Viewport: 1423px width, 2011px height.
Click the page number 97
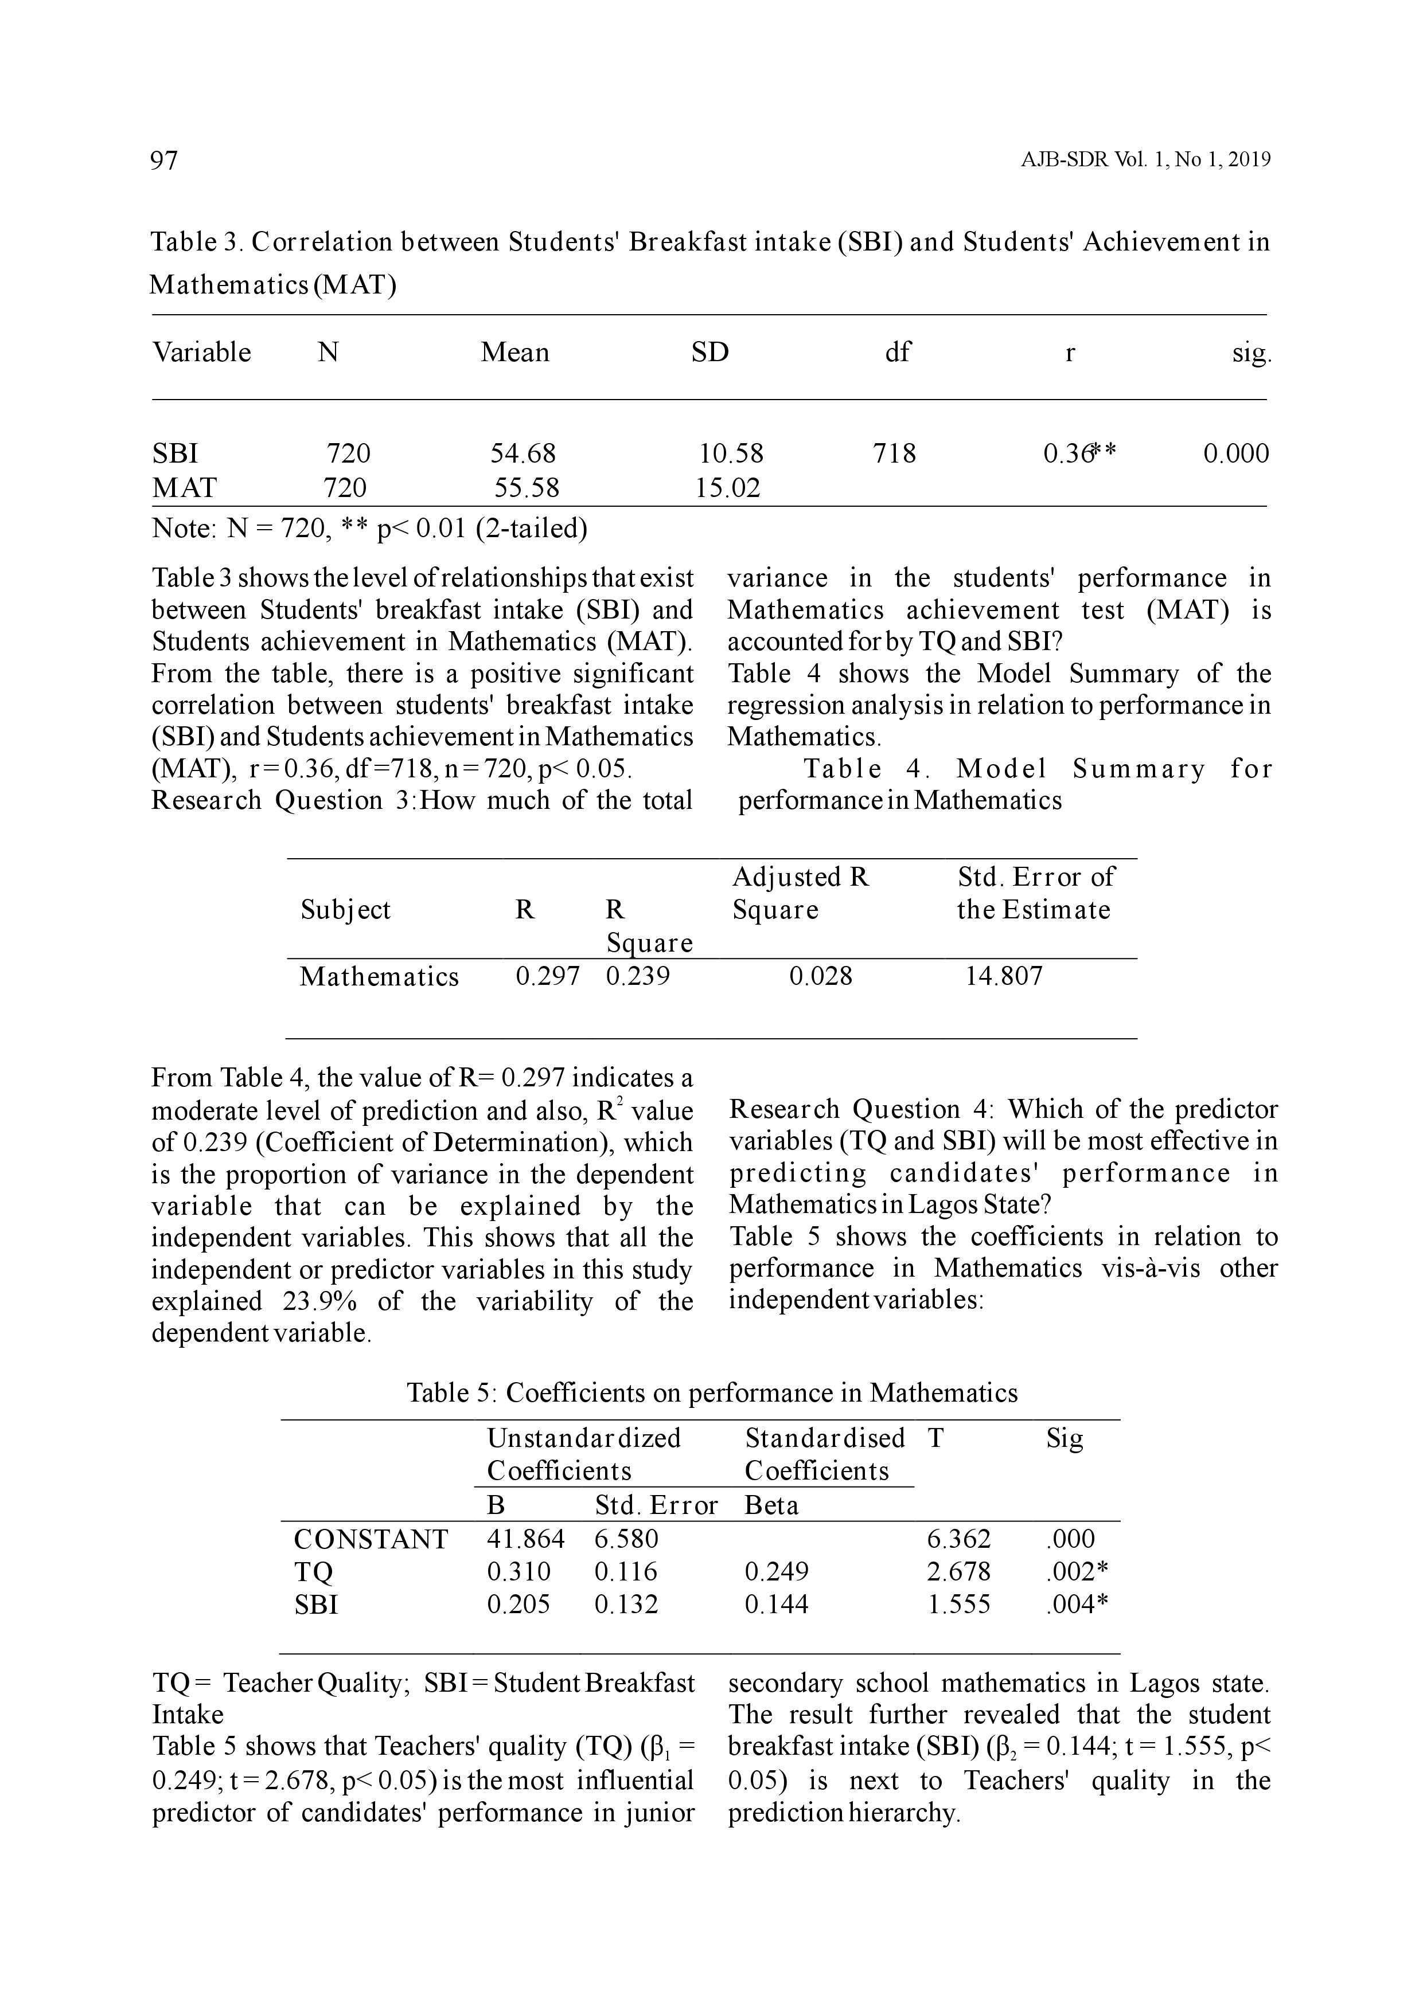165,161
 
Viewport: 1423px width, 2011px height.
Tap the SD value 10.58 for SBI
731,453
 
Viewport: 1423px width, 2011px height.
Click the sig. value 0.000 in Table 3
1235,453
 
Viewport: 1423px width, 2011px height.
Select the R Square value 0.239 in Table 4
637,976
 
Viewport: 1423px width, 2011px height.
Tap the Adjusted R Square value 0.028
820,976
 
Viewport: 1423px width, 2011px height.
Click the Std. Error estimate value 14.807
1004,976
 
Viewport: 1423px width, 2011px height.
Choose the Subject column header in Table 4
345,909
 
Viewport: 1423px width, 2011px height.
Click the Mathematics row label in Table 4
379,976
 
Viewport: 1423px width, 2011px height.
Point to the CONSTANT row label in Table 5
371,1539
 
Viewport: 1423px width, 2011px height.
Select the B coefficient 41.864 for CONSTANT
526,1539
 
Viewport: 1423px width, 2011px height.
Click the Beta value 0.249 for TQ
777,1572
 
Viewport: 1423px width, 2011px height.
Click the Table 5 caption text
711,1392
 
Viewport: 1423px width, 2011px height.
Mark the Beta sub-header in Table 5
771,1505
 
